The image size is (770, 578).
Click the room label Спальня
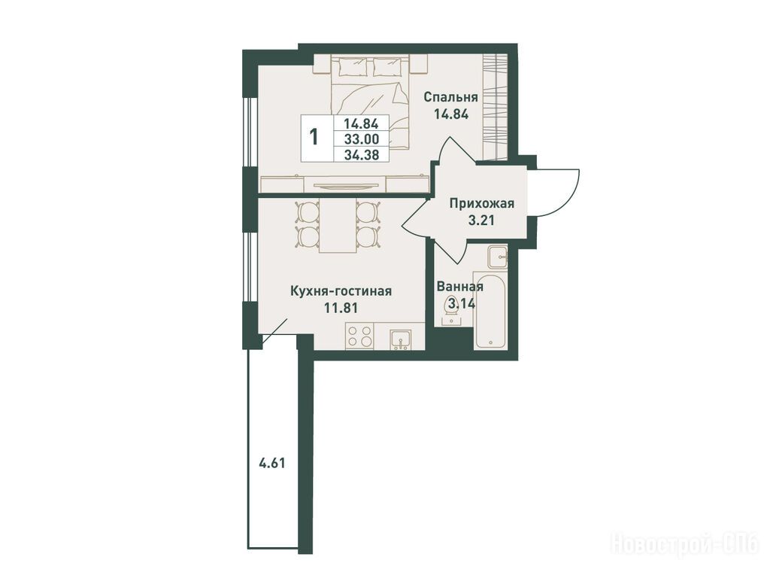(451, 97)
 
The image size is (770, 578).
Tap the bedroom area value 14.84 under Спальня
(451, 114)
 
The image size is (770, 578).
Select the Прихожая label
(482, 203)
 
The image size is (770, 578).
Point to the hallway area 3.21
(481, 221)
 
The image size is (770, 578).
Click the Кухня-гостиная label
(341, 291)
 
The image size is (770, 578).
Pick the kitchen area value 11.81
(341, 308)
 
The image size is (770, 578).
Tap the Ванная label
(460, 287)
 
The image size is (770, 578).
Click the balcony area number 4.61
(271, 463)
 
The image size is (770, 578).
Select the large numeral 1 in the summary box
(314, 136)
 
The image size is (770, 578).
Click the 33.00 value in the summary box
(361, 139)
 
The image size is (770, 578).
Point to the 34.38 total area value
(361, 155)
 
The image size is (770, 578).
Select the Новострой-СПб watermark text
(684, 557)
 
